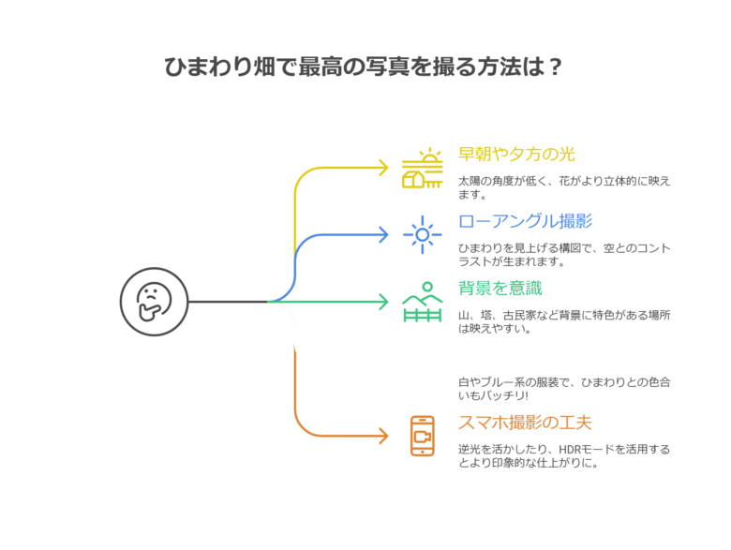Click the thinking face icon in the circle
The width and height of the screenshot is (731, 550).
154,302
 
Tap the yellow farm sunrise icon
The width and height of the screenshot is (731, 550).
423,169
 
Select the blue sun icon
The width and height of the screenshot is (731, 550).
423,235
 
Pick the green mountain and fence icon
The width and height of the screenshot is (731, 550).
423,302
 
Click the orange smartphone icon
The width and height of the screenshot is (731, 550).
423,436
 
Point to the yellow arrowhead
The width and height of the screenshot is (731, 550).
383,168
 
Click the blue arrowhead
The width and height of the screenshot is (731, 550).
383,234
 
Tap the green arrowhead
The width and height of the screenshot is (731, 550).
383,302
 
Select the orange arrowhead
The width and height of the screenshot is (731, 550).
383,436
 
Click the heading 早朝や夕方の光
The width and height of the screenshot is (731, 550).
516,154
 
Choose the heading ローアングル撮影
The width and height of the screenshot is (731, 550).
526,221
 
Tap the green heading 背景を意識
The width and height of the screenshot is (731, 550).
500,288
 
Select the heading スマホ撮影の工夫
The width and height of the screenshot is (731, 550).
526,423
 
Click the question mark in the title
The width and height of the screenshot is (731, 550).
555,67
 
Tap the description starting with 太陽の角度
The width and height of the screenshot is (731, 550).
564,187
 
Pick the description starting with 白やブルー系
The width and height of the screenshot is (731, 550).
564,389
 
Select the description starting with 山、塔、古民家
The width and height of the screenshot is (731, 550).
564,321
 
